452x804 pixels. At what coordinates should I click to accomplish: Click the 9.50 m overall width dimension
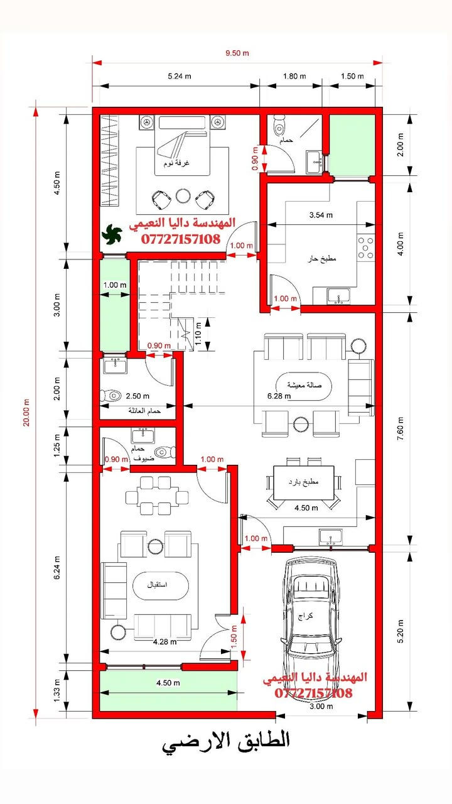point(237,53)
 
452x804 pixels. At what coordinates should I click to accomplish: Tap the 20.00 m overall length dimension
point(26,413)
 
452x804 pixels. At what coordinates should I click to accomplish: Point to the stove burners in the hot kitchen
point(365,247)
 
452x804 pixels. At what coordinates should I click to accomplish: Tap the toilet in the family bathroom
point(112,396)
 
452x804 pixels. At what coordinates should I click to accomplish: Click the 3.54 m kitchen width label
point(321,215)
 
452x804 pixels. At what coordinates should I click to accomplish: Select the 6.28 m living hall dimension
point(279,396)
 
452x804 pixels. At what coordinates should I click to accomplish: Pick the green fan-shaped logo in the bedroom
point(112,234)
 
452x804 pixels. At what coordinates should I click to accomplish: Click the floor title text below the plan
point(225,742)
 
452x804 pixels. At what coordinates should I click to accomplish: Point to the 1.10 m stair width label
point(198,334)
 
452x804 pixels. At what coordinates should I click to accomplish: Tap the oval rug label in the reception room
point(157,585)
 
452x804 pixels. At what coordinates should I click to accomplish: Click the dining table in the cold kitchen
point(304,482)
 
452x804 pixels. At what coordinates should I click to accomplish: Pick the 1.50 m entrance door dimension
point(234,637)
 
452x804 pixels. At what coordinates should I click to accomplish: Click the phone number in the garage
point(313,693)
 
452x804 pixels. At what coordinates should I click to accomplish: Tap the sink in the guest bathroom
point(143,436)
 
